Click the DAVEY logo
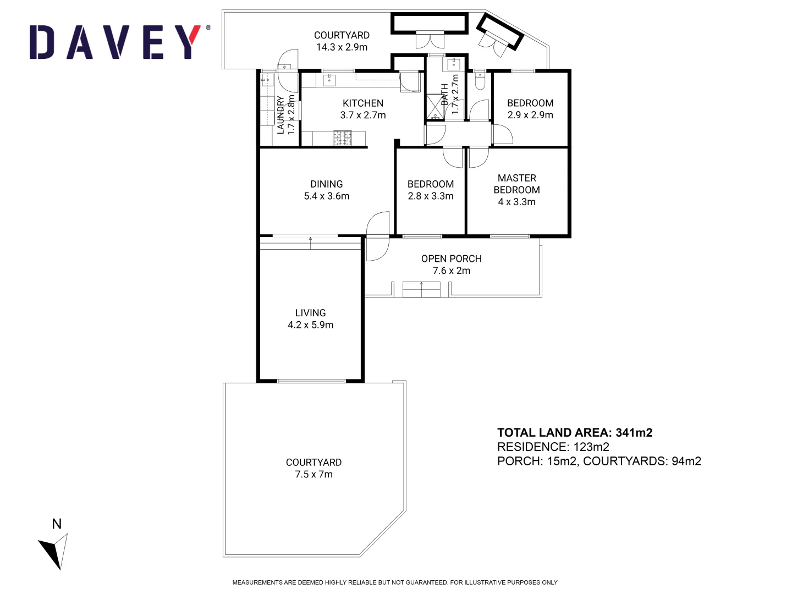[x=119, y=42]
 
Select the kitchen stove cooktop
[x=342, y=138]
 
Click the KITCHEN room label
[x=363, y=103]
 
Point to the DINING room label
[x=327, y=184]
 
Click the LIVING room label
[x=310, y=312]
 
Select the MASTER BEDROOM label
[x=516, y=184]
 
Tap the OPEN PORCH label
[x=451, y=258]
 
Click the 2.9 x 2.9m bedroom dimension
[x=530, y=115]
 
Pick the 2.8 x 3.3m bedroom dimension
[x=431, y=196]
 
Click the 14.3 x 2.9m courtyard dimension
[x=342, y=47]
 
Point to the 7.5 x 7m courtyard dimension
[x=313, y=474]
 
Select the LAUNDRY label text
[x=280, y=115]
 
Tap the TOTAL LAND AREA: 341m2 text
[x=575, y=432]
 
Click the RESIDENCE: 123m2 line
[x=553, y=447]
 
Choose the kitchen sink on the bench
[x=329, y=80]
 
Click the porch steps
[x=421, y=289]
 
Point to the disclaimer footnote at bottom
[x=395, y=582]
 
